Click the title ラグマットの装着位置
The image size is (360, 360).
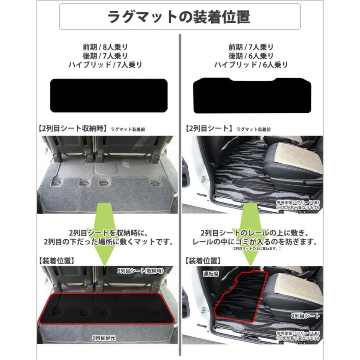[x=180, y=17]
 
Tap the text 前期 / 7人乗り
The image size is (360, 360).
[x=251, y=47]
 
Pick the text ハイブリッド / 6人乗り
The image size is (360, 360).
[x=251, y=64]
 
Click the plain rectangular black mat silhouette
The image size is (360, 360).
[x=108, y=96]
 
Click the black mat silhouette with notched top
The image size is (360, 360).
[x=252, y=96]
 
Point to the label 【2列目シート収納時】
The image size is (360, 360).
[x=72, y=129]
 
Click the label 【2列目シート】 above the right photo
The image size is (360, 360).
[x=209, y=129]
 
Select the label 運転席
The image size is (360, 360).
[x=210, y=274]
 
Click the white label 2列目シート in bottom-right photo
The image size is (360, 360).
[x=305, y=316]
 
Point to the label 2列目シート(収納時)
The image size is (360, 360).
[x=140, y=271]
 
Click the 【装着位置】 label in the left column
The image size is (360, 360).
[x=56, y=261]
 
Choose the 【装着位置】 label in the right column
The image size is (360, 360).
[x=203, y=261]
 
